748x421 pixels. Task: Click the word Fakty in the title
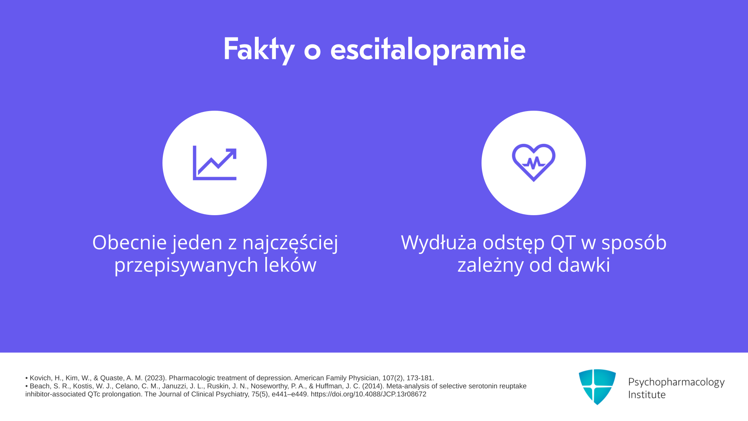[x=259, y=50]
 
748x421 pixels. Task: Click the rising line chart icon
[x=215, y=163]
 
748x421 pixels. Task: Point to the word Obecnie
[x=130, y=242]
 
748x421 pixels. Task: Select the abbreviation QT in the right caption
[x=563, y=242]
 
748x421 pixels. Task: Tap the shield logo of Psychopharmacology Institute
[x=597, y=387]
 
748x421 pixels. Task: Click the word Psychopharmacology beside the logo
[x=676, y=382]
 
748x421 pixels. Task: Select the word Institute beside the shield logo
[x=647, y=394]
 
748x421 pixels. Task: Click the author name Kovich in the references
[x=41, y=378]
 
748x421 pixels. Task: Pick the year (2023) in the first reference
[x=156, y=378]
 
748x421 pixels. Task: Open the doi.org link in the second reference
[x=369, y=394]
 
